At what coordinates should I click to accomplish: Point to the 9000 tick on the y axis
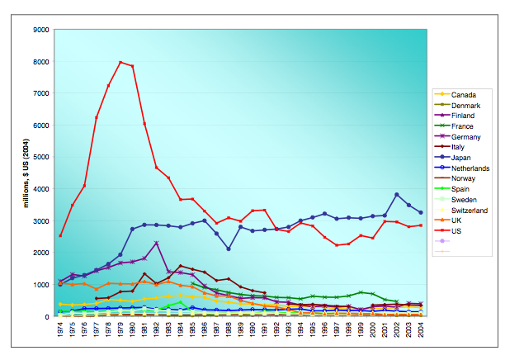(x=40, y=30)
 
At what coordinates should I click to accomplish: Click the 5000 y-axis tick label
(x=40, y=157)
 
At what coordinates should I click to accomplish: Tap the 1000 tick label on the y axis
(x=40, y=285)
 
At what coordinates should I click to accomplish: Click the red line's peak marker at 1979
(x=120, y=62)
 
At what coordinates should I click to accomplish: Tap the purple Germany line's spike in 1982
(x=156, y=243)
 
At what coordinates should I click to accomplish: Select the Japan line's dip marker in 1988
(x=229, y=249)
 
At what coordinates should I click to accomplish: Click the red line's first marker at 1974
(x=60, y=236)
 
